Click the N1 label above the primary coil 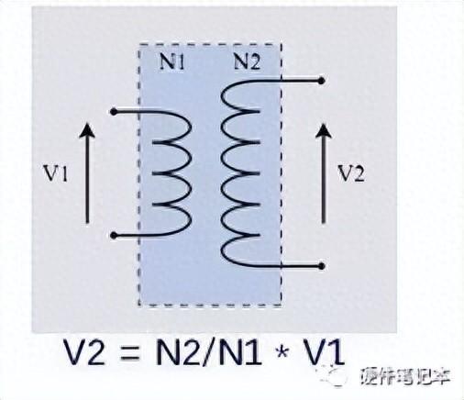172,62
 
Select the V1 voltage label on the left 55,174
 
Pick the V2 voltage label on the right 350,173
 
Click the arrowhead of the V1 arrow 87,130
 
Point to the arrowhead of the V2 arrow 324,130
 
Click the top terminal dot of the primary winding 114,112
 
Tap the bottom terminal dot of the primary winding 114,236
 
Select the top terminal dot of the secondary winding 321,81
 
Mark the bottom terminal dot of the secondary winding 321,266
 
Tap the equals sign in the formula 129,352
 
